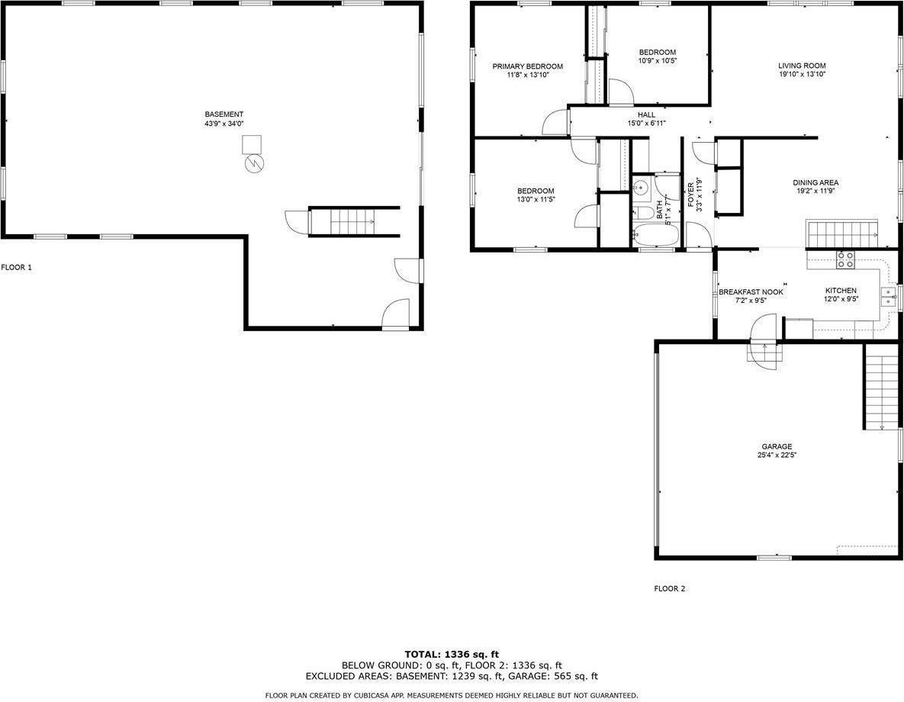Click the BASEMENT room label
coord(224,114)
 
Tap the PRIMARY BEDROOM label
coord(528,66)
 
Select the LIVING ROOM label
coord(802,66)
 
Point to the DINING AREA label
coord(816,183)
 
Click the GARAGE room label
coord(777,446)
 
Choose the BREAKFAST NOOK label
coord(751,292)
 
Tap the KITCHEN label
coord(841,291)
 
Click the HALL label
coord(646,114)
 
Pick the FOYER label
coord(691,195)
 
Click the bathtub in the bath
coord(657,235)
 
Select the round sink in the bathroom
coord(639,188)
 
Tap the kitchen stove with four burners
coord(845,260)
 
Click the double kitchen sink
coord(888,297)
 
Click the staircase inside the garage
coord(882,386)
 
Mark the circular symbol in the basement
coord(254,164)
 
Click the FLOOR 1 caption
coord(16,268)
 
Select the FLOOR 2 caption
coord(669,589)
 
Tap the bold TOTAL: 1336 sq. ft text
coord(452,654)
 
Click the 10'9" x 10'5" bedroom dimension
coord(658,60)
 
